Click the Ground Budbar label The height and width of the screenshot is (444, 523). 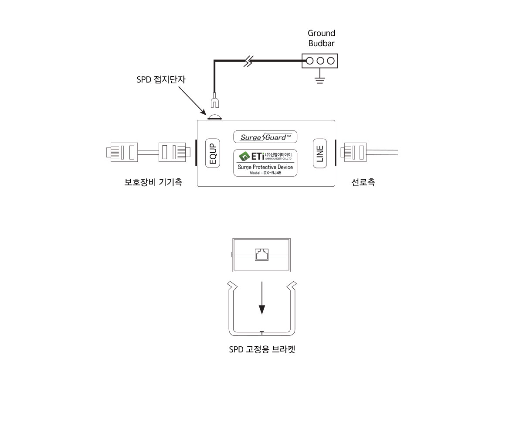click(321, 38)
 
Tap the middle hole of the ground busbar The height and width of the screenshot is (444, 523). click(320, 61)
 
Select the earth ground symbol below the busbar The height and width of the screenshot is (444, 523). click(320, 79)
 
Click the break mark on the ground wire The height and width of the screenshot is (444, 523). click(248, 61)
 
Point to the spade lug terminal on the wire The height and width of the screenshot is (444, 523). click(214, 102)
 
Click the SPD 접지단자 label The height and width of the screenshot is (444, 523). click(161, 80)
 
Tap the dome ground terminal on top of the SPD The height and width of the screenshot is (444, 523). click(214, 117)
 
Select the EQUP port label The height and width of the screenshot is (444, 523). click(213, 153)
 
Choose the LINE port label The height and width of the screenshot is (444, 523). click(320, 153)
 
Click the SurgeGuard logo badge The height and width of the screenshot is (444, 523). click(265, 137)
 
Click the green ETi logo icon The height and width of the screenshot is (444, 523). click(245, 156)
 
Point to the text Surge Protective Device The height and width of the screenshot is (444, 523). click(265, 167)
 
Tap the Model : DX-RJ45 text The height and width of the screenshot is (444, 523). click(265, 173)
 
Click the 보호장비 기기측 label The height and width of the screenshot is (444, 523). click(153, 182)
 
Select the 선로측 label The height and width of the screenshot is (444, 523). click(363, 182)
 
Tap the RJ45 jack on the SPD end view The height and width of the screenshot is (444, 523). click(261, 254)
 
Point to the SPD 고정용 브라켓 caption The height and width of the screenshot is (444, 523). click(262, 350)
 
